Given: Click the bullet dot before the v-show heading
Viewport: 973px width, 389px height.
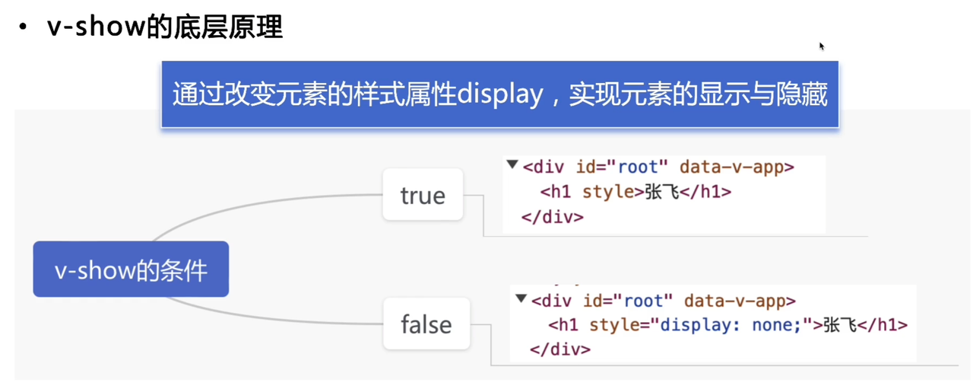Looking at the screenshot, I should (24, 27).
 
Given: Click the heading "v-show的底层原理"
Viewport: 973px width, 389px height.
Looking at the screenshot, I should (164, 27).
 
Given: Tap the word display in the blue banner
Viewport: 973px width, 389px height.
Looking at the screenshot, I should (500, 95).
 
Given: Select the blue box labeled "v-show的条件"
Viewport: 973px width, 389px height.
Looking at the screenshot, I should (131, 269).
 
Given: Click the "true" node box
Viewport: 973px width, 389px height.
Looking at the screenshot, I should (423, 195).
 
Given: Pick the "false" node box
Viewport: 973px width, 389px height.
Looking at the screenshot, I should (426, 324).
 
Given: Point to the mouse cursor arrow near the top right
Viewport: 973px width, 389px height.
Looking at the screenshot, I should (822, 46).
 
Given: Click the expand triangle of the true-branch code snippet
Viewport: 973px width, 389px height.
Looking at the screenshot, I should (512, 165).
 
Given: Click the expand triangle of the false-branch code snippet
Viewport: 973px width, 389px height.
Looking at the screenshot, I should (521, 298).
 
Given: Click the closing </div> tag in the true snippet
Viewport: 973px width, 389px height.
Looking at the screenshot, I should (553, 217).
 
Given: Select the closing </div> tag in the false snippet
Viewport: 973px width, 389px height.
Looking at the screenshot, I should (560, 349).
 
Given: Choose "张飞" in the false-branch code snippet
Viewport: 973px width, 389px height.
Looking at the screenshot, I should (841, 325).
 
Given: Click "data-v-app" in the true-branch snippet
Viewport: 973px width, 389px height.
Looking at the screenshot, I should (736, 167).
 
